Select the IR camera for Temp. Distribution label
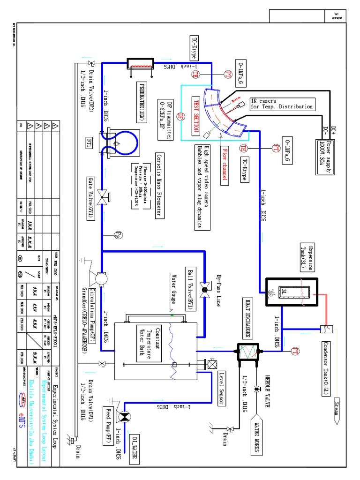coord(281,104)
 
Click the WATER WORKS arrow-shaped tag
coord(257,434)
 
